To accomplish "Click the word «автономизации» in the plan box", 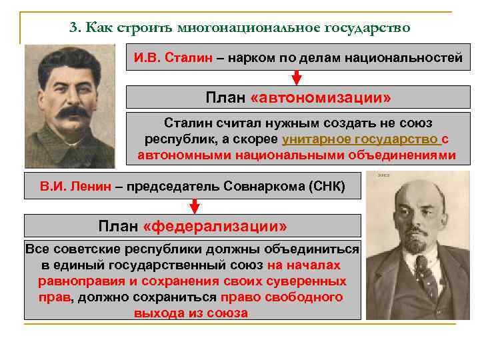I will [320, 98].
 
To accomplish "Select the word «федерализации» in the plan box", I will [215, 225].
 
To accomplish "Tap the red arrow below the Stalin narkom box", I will [298, 77].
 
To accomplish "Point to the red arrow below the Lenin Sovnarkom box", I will [193, 204].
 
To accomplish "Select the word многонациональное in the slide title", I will [248, 27].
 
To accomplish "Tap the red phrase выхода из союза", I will [191, 313].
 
